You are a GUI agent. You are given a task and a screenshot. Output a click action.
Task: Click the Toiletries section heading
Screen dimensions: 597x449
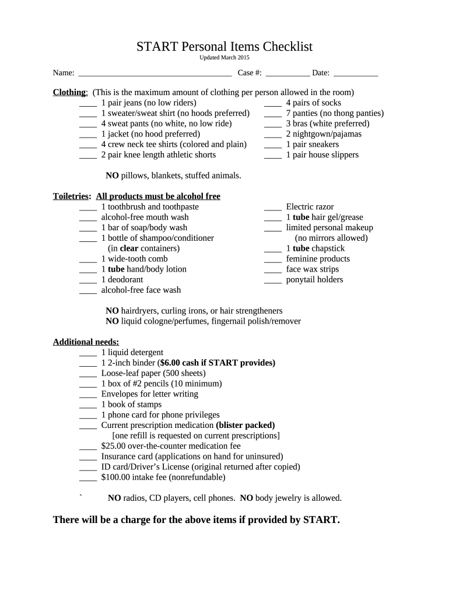tap(71, 196)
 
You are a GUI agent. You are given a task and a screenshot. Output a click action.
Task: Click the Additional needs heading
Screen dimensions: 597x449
tap(86, 342)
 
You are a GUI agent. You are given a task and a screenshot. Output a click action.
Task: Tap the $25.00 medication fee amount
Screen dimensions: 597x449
tap(113, 446)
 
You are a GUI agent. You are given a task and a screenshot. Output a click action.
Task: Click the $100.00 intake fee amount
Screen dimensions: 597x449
tap(115, 477)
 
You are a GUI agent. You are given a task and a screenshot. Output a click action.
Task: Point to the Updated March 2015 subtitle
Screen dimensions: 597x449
tap(224, 58)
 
